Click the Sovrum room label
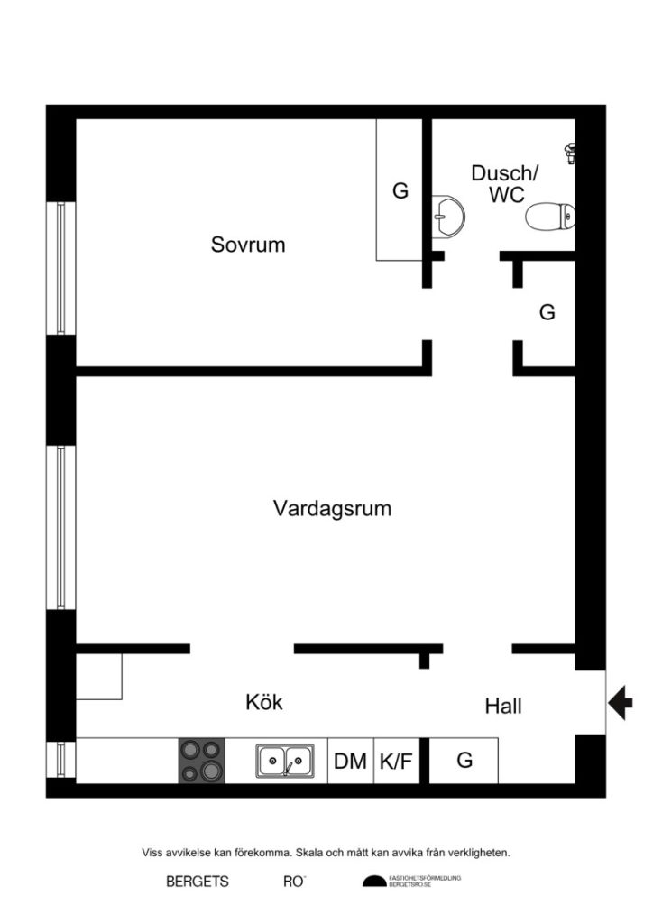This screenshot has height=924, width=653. coord(248,245)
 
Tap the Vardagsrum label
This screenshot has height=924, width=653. coord(332,509)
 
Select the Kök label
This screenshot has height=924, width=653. coord(264,702)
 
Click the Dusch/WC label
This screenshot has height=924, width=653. coord(504,183)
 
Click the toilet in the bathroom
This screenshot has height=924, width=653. coord(549,217)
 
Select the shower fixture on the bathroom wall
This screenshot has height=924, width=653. coord(569,152)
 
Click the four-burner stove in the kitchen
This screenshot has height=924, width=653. coord(201,761)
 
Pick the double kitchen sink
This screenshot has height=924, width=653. coord(284,761)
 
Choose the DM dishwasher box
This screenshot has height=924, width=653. coord(350,762)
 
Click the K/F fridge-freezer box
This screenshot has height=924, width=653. coord(395,762)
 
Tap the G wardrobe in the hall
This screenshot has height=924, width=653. coord(464,761)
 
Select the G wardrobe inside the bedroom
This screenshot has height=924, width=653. coord(400,191)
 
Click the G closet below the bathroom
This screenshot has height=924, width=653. coord(547,313)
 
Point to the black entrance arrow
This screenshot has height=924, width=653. coord(621,701)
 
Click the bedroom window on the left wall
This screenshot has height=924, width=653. coord(61,268)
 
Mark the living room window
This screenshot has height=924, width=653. coord(61,528)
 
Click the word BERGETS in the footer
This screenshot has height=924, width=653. coord(198,882)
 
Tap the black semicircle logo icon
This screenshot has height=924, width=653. coord(373,882)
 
